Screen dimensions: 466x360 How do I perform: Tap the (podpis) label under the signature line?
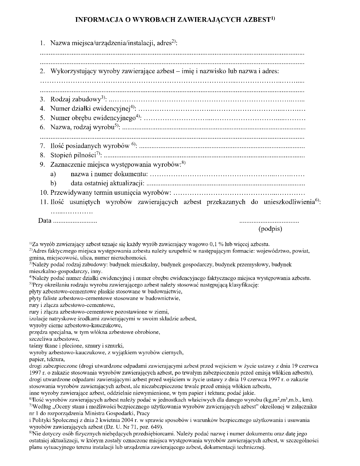click(270, 229)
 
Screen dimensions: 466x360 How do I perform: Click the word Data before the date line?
click(44, 221)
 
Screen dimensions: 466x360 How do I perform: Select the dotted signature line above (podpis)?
click(269, 221)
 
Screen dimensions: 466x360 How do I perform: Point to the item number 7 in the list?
click(43, 146)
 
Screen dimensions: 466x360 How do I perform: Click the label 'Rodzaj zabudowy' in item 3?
click(76, 99)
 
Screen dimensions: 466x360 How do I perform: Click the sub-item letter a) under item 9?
click(53, 174)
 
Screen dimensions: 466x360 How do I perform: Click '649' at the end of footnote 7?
click(157, 427)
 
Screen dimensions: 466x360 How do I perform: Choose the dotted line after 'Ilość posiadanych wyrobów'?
click(222, 147)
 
